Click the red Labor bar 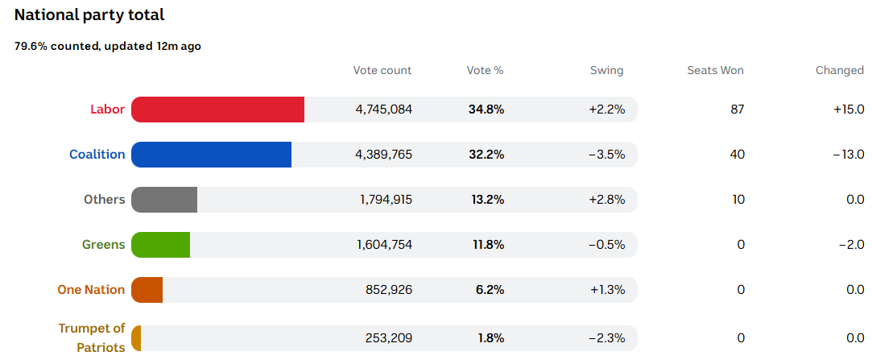(x=217, y=110)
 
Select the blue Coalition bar (x=211, y=155)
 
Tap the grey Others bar (x=164, y=200)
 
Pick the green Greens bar (x=160, y=245)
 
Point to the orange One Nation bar (x=147, y=290)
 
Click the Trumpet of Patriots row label (x=92, y=337)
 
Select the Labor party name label (x=107, y=110)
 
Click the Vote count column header (x=382, y=70)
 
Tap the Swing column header (x=606, y=70)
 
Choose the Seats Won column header (x=715, y=70)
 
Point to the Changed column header (x=839, y=70)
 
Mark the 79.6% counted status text (x=108, y=46)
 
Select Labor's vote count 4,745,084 (x=383, y=110)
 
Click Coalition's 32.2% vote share (x=486, y=155)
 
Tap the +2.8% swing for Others (x=607, y=200)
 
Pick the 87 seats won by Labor (x=737, y=110)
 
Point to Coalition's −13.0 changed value (x=849, y=155)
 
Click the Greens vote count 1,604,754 (x=384, y=245)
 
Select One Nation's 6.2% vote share (x=490, y=290)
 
